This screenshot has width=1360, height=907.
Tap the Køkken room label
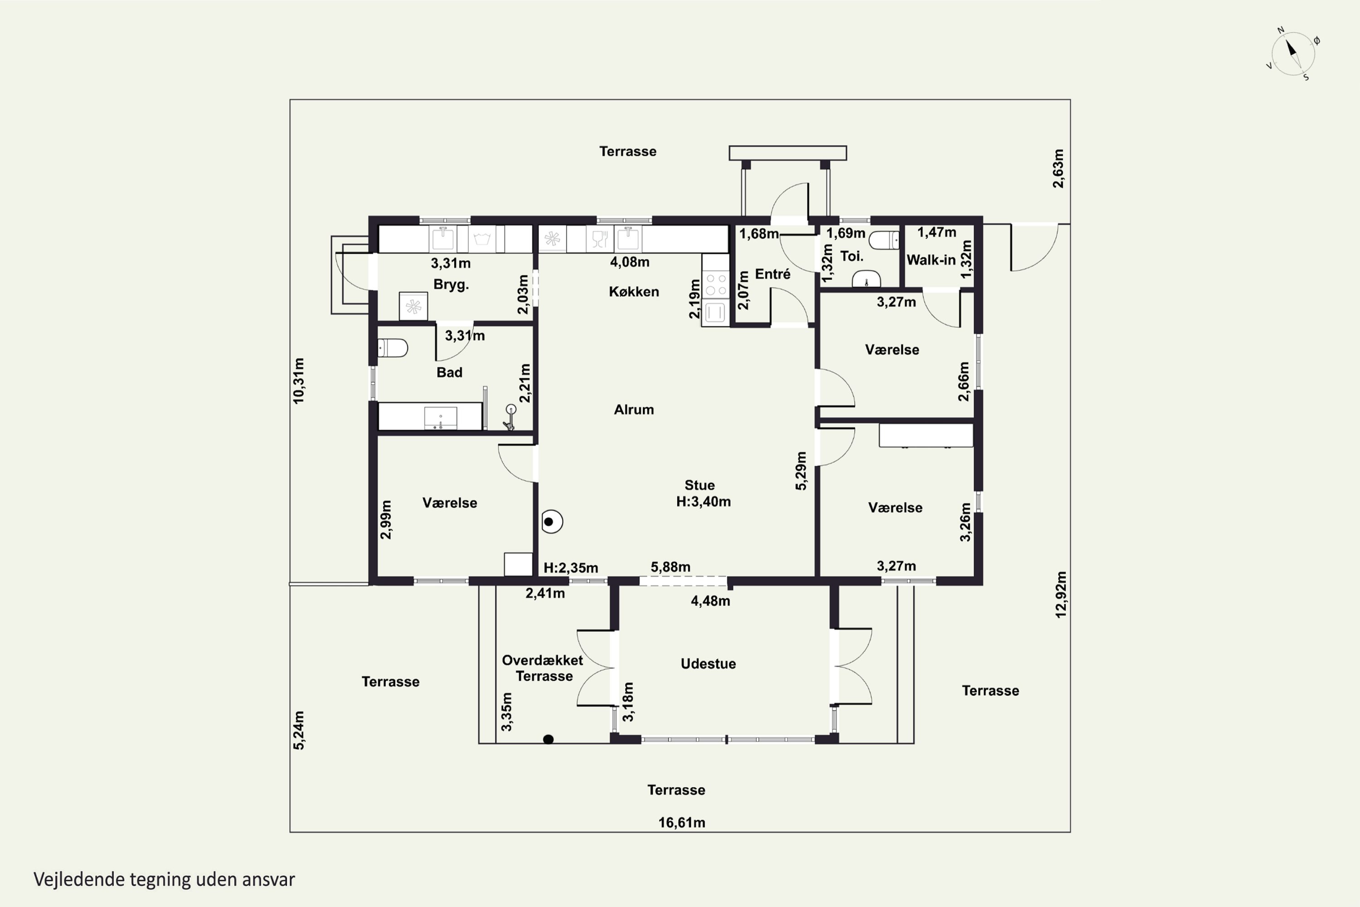tap(634, 292)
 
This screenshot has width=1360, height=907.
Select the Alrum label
tap(634, 410)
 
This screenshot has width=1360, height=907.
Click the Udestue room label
tap(708, 663)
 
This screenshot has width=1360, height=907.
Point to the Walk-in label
tap(931, 260)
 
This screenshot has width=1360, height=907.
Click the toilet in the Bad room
tap(393, 348)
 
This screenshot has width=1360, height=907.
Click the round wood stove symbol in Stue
tap(552, 522)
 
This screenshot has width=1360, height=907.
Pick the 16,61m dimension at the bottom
tap(682, 823)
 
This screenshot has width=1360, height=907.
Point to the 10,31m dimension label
tap(298, 380)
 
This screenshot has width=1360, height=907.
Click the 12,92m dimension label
tap(1060, 595)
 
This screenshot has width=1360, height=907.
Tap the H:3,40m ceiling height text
tap(703, 502)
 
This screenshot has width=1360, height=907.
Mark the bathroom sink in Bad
tap(441, 418)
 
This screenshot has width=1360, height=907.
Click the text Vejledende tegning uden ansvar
tap(164, 879)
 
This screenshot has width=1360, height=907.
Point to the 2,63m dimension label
tap(1058, 168)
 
